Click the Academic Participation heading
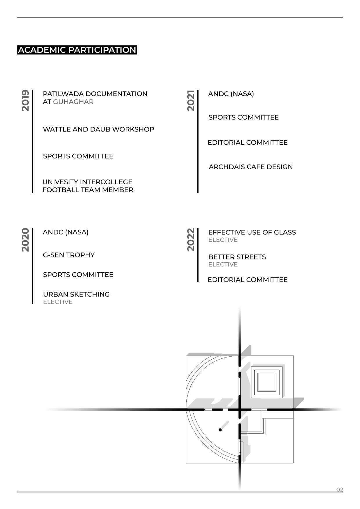77,50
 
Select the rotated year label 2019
26,100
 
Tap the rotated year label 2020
26,240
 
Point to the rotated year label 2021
191,100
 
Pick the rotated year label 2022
191,240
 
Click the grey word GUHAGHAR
73,102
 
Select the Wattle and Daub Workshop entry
98,129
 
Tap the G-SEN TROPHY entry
69,255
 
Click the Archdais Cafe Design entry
251,167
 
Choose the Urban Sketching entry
76,294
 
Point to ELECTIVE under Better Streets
223,265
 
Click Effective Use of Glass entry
252,232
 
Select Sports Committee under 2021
243,117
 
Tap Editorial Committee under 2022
247,280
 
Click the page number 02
339,490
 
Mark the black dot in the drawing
220,430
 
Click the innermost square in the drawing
267,382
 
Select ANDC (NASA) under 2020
66,232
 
